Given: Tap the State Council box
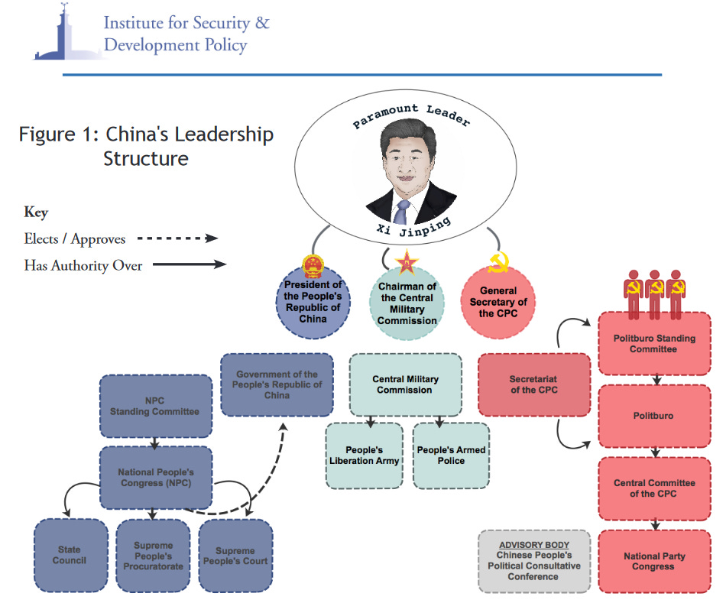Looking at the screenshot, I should tap(71, 555).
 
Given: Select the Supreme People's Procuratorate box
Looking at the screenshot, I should tap(154, 556).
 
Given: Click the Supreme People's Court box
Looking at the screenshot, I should tap(235, 556).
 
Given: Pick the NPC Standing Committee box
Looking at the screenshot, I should tap(154, 406).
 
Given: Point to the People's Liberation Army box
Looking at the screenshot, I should tap(364, 455).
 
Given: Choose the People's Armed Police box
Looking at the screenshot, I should tap(451, 455).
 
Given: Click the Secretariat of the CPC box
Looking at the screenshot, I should tap(533, 384).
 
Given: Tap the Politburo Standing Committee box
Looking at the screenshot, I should tap(653, 343).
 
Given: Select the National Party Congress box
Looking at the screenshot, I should tap(653, 561).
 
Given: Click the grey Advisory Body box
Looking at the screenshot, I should tap(534, 561).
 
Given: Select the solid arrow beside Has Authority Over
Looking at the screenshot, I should tap(188, 264).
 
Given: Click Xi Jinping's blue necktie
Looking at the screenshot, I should tap(403, 210).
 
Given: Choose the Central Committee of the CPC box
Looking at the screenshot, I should tap(653, 488).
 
